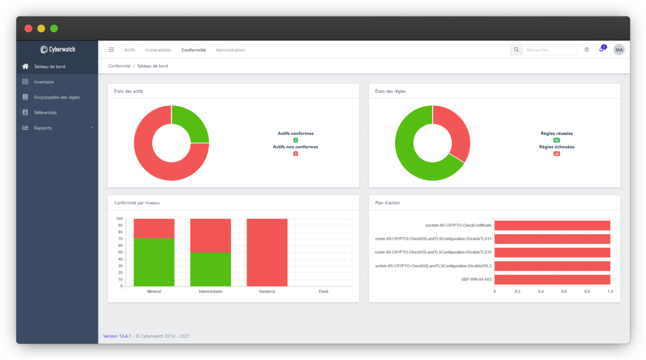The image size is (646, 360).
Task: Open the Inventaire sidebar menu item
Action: [43, 82]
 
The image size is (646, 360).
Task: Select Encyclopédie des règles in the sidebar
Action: [57, 97]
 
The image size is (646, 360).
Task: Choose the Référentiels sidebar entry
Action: [45, 113]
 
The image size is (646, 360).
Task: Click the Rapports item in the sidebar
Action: [43, 128]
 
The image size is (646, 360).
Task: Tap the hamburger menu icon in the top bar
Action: [111, 49]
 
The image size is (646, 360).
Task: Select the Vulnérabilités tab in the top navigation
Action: [158, 50]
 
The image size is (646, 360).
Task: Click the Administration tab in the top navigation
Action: [230, 50]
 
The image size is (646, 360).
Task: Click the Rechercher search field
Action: [549, 50]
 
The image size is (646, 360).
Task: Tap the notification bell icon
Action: [601, 49]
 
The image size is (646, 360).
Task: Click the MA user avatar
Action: [619, 49]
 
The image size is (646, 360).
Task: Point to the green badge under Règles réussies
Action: [557, 140]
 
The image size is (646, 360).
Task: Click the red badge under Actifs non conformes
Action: [295, 153]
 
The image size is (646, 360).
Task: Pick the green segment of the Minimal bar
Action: [154, 262]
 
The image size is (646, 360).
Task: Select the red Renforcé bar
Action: [267, 252]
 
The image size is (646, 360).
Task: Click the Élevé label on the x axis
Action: [324, 291]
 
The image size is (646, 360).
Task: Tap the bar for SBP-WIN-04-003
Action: [552, 279]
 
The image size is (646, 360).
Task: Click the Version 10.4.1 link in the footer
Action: [117, 336]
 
